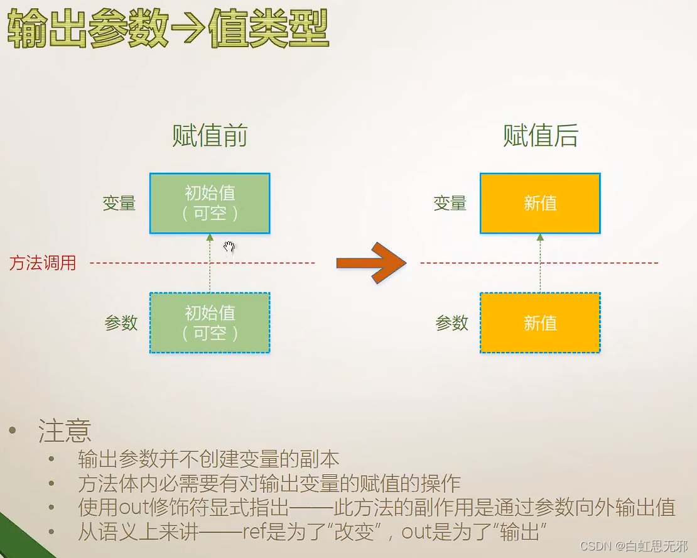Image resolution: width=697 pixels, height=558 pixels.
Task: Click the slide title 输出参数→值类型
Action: (x=168, y=30)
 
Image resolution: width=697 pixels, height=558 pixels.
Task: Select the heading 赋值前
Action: (x=210, y=136)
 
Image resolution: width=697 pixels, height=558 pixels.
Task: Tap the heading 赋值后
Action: (x=540, y=136)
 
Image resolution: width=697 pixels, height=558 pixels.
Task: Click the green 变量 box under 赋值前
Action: (x=210, y=204)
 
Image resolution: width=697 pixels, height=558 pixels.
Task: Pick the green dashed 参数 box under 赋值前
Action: (x=210, y=323)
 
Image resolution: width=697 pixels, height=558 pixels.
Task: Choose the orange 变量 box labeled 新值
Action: (x=540, y=204)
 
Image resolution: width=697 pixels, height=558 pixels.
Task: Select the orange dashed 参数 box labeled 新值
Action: (x=540, y=323)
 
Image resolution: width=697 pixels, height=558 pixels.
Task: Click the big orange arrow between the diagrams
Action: (x=371, y=263)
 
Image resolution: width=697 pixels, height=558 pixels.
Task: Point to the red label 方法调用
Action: (x=43, y=263)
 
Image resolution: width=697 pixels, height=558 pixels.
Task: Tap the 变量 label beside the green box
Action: (x=119, y=204)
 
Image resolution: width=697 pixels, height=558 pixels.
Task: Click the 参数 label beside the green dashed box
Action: (x=121, y=323)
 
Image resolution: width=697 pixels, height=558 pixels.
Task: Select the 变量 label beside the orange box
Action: (x=450, y=204)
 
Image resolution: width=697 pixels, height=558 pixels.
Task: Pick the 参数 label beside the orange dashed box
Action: (x=452, y=323)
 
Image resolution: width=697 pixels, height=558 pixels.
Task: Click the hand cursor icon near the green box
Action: (x=229, y=247)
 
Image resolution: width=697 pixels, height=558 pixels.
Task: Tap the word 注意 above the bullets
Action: (x=65, y=431)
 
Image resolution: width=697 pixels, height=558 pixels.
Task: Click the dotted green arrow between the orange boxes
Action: (x=540, y=263)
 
